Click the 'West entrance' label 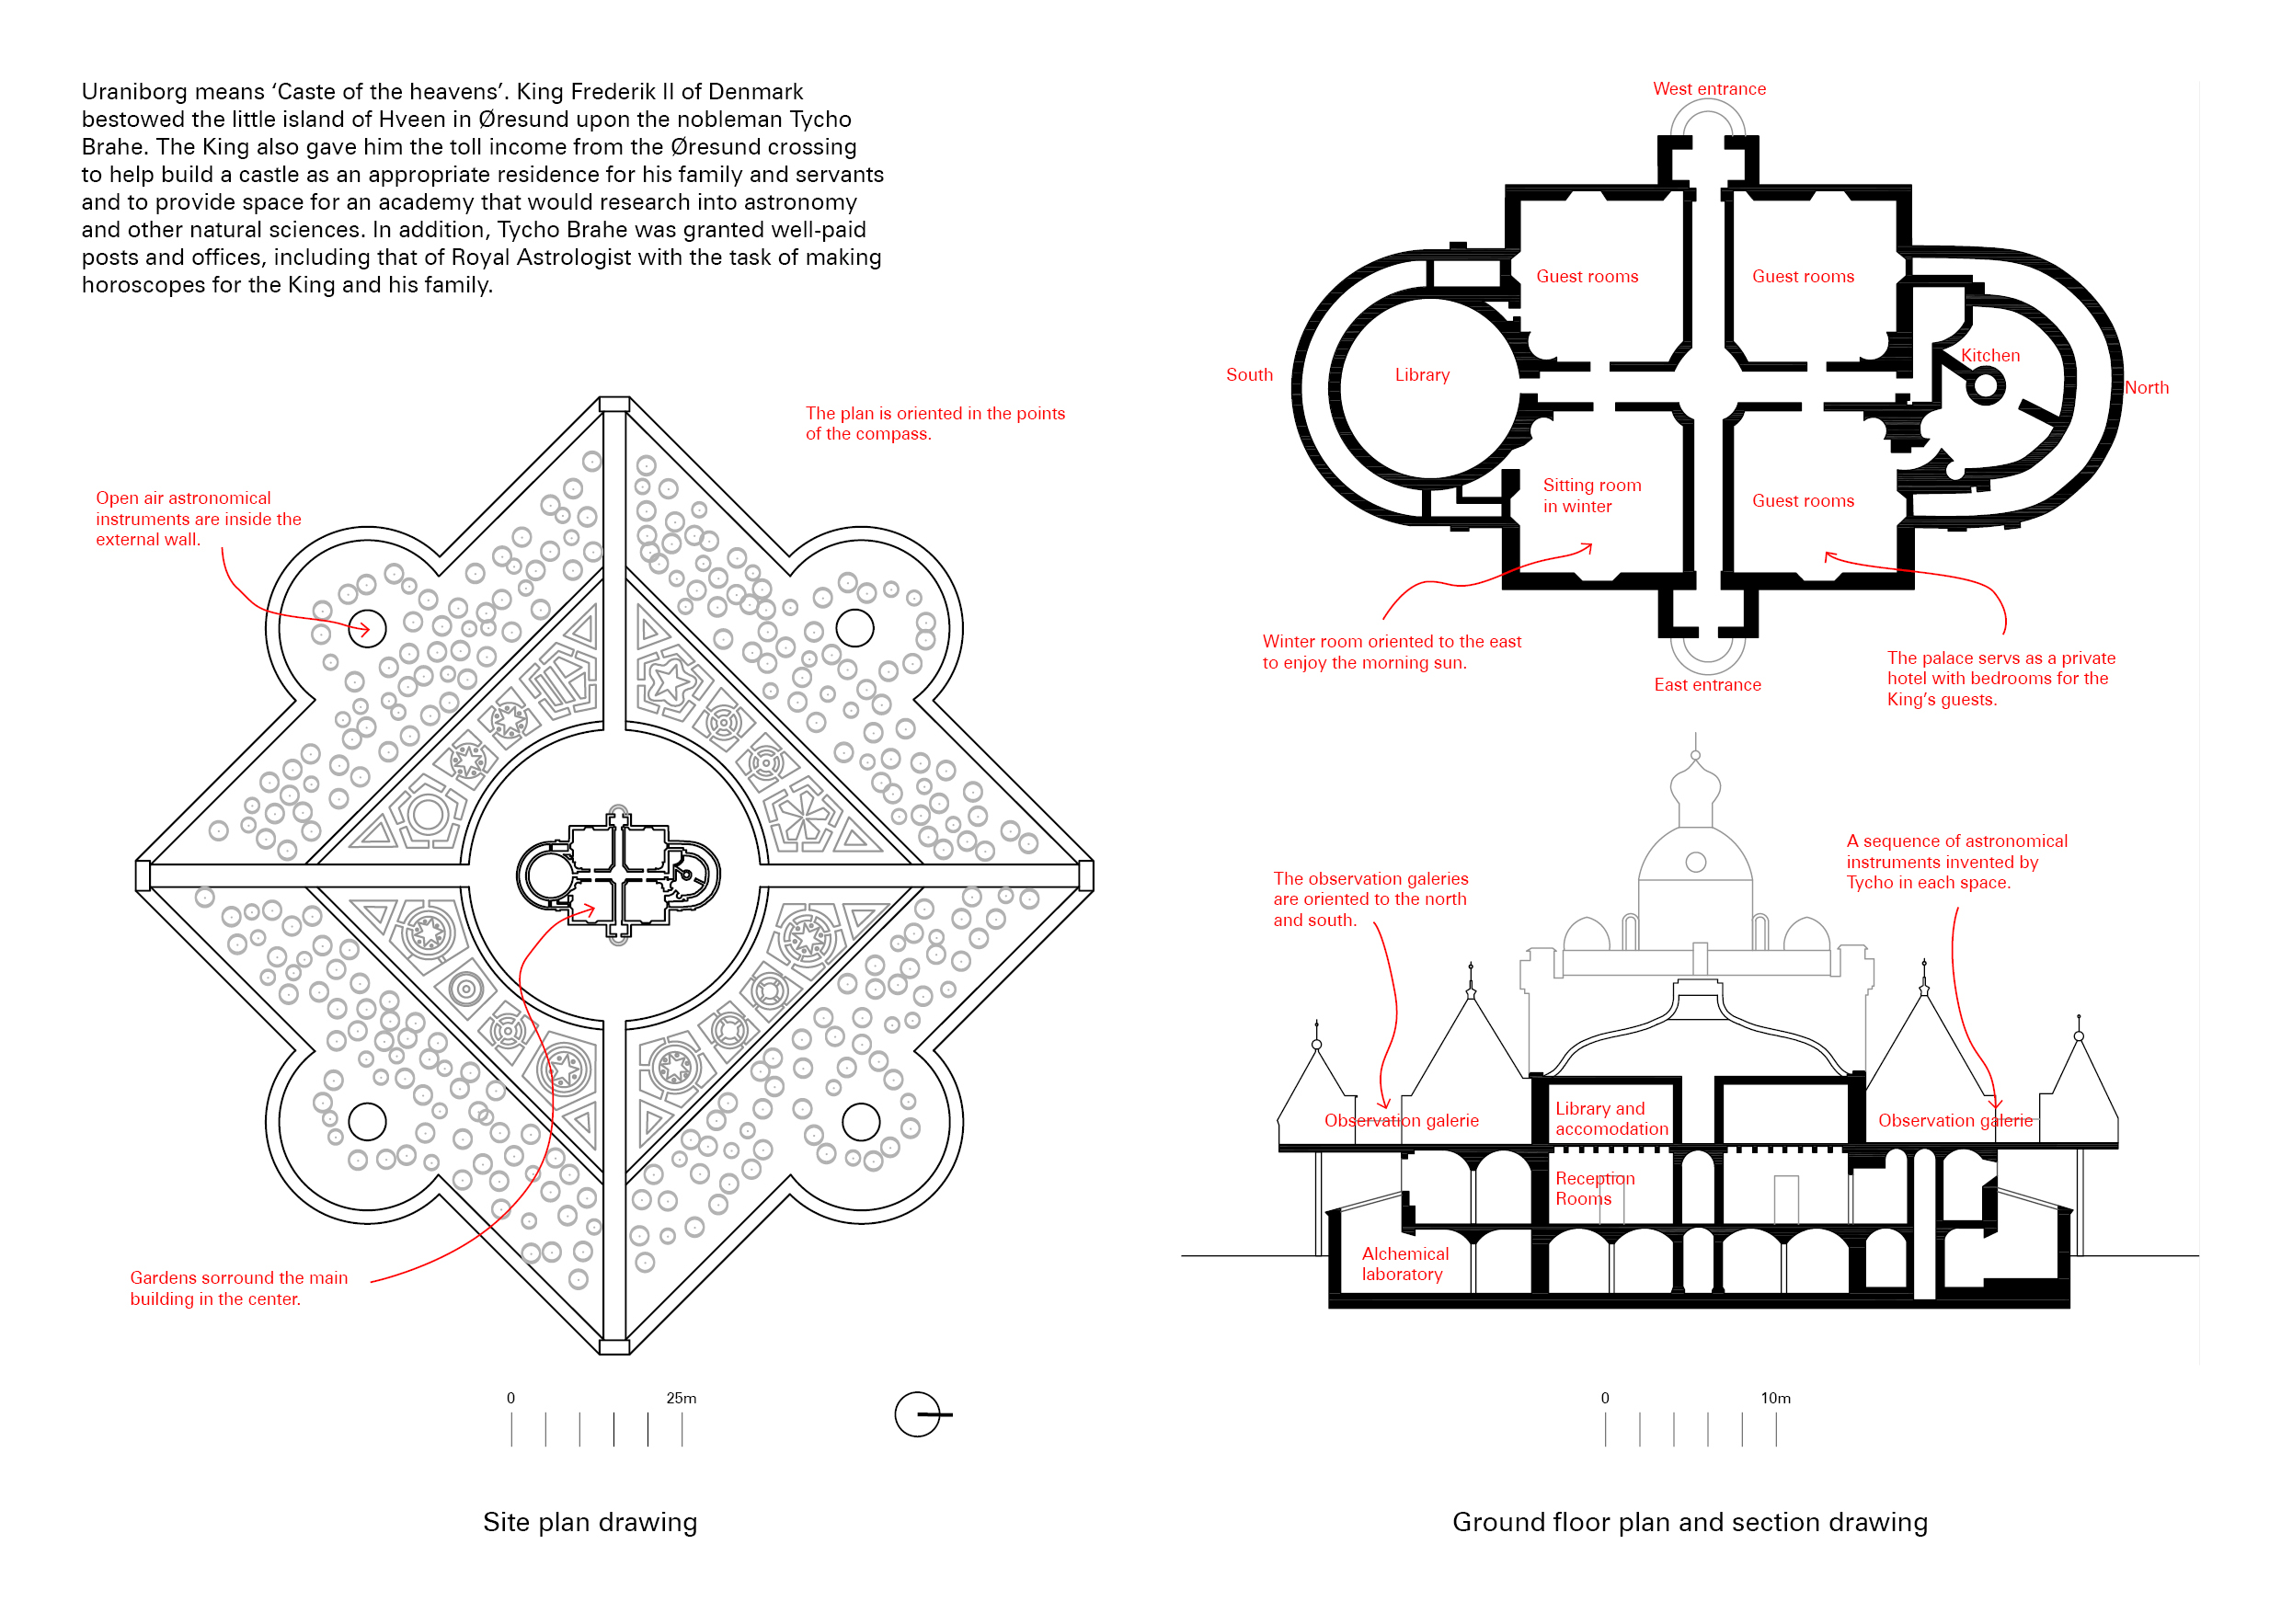coord(1709,89)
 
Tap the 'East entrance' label coord(1707,684)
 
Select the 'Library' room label coord(1422,374)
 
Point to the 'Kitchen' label coord(1990,356)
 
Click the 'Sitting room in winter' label coord(1591,496)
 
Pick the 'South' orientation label coord(1249,374)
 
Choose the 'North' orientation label coord(2146,387)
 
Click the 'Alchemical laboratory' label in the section coord(1404,1264)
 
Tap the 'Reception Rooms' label coord(1594,1188)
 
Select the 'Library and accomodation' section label coord(1610,1118)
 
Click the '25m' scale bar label coord(681,1398)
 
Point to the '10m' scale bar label coord(1775,1398)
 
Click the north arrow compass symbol coord(918,1413)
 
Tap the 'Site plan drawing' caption coord(590,1522)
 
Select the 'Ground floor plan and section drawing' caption coord(1689,1522)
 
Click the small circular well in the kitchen coord(1985,385)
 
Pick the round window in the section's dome coord(1696,862)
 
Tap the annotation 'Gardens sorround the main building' coord(238,1287)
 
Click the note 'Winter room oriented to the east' coord(1391,652)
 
